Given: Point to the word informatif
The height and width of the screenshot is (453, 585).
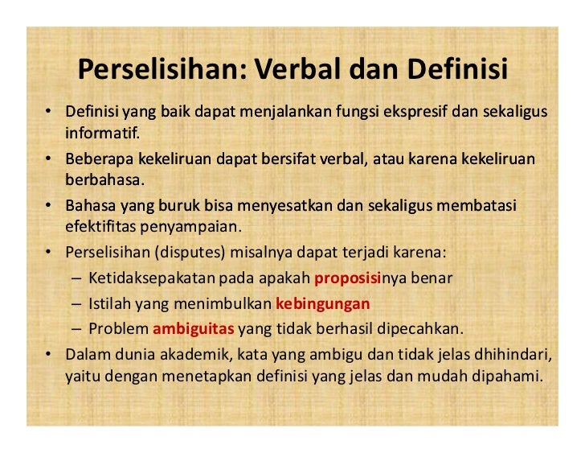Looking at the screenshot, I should pos(102,130).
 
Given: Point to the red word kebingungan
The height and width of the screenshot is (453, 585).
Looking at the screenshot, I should pos(322,303).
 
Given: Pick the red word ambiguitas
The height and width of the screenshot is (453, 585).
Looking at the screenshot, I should pos(193,328).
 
